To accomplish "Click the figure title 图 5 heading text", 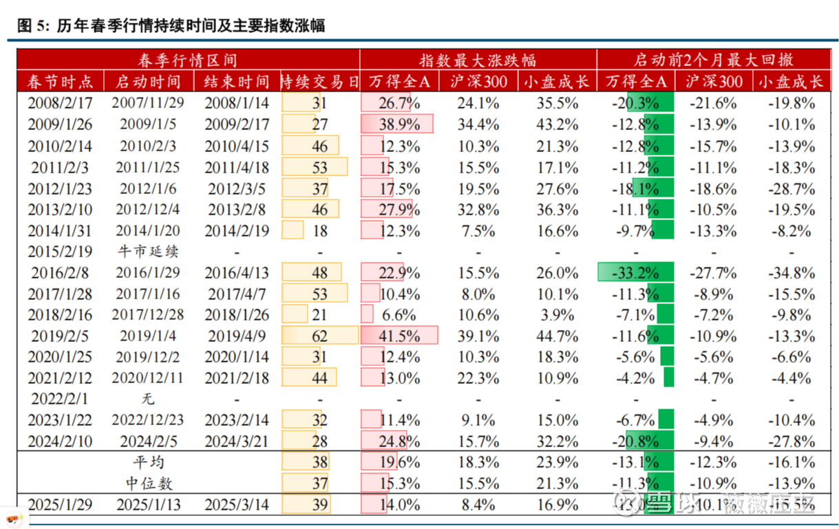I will coord(171,25).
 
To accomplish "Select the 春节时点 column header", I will coord(59,82).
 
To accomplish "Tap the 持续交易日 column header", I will coord(319,82).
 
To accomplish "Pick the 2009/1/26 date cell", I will coord(59,125).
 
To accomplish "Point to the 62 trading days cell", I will coord(319,336).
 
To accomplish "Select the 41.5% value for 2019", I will coord(399,336).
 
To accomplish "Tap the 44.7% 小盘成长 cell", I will coord(556,336).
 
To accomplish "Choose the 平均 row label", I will coord(147,462).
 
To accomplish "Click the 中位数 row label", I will coord(147,483).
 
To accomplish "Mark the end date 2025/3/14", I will coord(237,504).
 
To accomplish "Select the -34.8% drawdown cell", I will coord(792,272).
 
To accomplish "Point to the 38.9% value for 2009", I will coord(399,125).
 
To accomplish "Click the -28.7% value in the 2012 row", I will coord(792,188).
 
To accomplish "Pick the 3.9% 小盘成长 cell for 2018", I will coord(556,314).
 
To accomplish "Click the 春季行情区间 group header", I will coord(187,60).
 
